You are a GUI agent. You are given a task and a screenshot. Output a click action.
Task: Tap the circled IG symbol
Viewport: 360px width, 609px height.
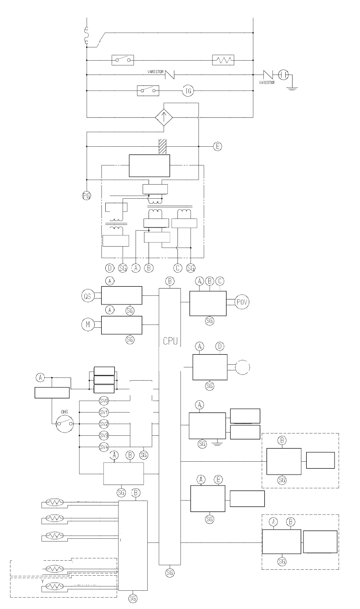pyautogui.click(x=189, y=91)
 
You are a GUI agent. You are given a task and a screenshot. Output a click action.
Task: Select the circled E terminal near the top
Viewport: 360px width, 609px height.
pyautogui.click(x=217, y=146)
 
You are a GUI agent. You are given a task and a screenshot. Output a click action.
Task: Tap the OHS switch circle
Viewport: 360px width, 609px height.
pyautogui.click(x=64, y=423)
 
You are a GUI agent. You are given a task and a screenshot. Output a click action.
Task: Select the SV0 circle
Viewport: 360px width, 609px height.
pyautogui.click(x=104, y=401)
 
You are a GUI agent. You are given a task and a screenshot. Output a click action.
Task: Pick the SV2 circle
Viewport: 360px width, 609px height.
pyautogui.click(x=104, y=423)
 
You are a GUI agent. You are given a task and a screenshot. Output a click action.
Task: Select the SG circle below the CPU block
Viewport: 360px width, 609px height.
pyautogui.click(x=170, y=572)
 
